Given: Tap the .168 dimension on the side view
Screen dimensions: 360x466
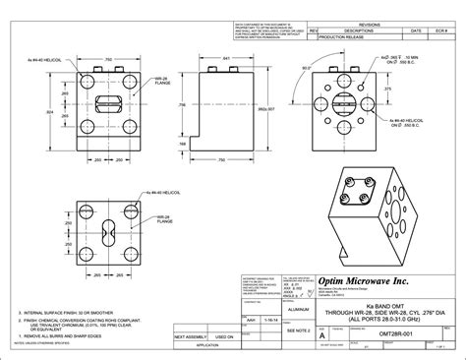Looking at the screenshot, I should pos(184,143).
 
